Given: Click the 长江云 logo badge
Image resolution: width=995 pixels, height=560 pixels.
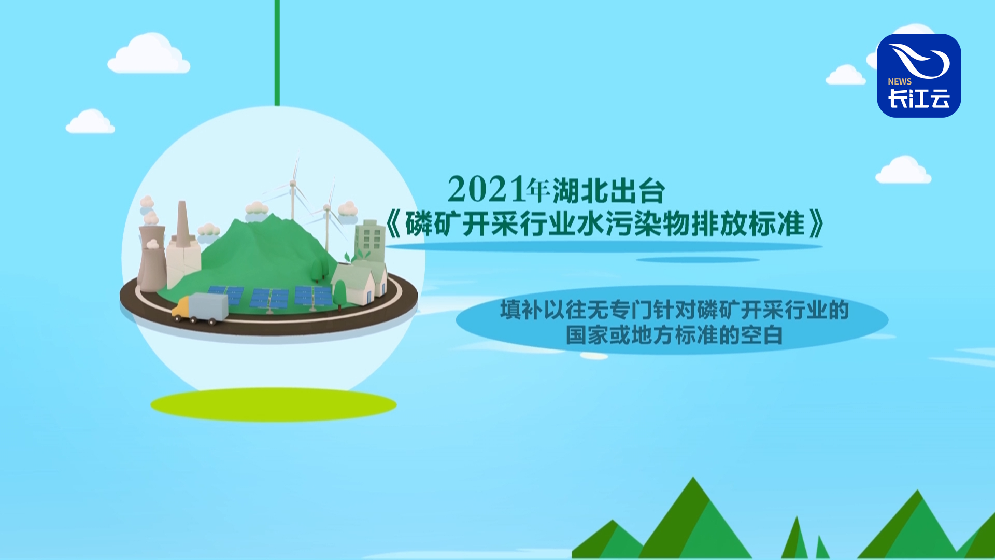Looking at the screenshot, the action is (919, 76).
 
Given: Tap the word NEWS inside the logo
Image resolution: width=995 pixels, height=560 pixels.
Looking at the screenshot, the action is (900, 82).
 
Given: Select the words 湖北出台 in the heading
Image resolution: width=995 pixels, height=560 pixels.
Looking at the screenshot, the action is (608, 191).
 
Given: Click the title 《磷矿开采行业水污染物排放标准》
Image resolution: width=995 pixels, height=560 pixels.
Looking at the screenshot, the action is (605, 224).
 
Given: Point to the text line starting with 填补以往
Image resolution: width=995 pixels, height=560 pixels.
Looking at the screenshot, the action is (674, 310).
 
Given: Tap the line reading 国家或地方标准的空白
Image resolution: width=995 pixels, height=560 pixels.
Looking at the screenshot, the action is (674, 335).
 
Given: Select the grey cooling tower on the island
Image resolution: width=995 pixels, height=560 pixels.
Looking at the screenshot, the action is (152, 258).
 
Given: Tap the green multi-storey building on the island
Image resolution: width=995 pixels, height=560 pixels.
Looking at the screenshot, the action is (369, 242).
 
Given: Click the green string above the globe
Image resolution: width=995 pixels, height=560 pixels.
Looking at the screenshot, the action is (277, 53).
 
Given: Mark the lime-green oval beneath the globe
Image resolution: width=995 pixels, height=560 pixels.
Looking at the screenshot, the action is (274, 404).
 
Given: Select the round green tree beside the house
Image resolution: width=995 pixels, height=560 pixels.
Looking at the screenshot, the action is (339, 295).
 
